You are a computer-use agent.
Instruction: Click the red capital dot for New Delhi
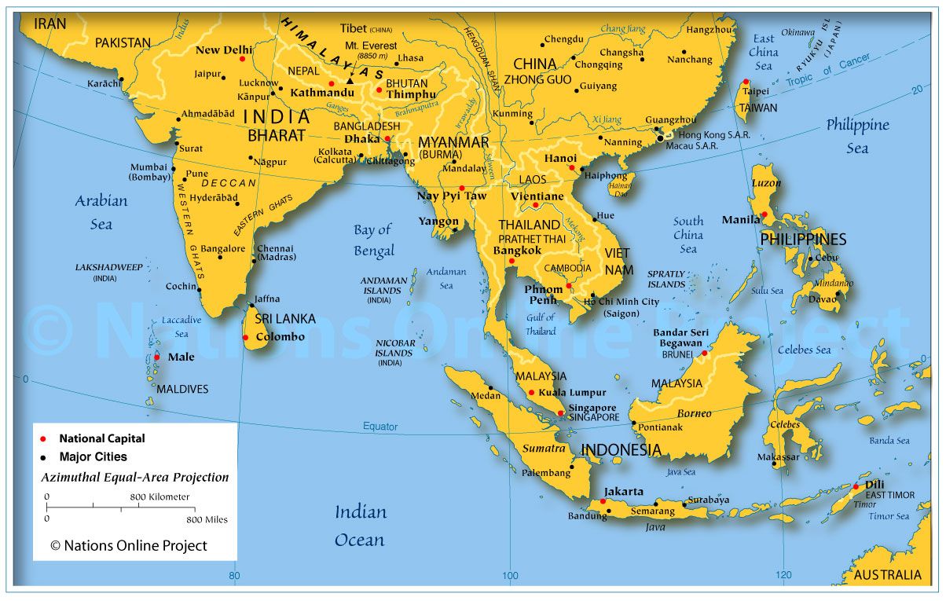(x=242, y=59)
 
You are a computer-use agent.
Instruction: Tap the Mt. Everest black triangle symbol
(x=350, y=80)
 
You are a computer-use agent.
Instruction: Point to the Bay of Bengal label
(x=373, y=240)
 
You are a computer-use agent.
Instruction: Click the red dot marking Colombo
(x=246, y=338)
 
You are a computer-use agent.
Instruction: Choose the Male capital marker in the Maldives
(x=156, y=357)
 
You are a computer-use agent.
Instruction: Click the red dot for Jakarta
(x=603, y=501)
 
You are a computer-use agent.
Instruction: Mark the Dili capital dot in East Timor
(x=856, y=487)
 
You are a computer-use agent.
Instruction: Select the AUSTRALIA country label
(x=887, y=575)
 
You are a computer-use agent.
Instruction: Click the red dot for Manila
(x=764, y=214)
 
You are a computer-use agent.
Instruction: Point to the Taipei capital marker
(x=745, y=82)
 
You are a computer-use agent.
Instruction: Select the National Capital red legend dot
(x=44, y=439)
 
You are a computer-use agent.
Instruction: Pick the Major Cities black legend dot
(x=44, y=456)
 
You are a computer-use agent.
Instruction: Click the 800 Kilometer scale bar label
(x=159, y=497)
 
